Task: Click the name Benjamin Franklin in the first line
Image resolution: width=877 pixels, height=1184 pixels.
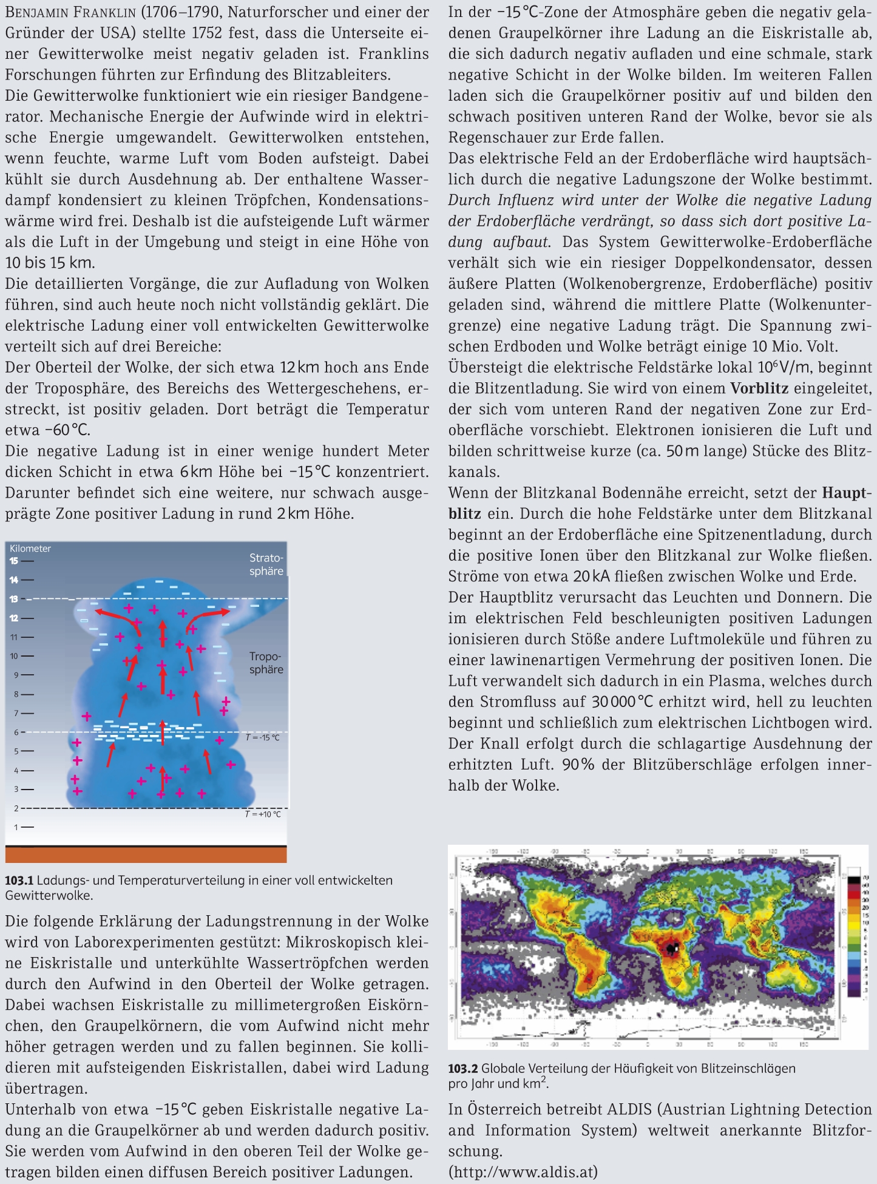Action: (x=67, y=12)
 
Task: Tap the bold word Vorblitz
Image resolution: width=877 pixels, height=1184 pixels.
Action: (x=759, y=388)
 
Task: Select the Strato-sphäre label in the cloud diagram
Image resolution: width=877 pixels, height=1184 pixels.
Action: (x=266, y=564)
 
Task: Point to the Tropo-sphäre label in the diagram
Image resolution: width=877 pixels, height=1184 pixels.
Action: (x=266, y=663)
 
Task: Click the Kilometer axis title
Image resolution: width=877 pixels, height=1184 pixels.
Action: (x=30, y=549)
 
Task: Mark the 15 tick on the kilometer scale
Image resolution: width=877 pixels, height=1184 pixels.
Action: (x=13, y=561)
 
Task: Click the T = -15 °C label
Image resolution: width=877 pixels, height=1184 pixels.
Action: (x=262, y=738)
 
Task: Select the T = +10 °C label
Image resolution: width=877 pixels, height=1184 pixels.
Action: (x=262, y=814)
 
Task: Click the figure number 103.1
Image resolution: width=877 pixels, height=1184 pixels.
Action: (x=19, y=881)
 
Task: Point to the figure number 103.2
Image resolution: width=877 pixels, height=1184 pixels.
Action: (x=463, y=1069)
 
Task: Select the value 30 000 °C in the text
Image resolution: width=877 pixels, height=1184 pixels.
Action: (x=622, y=702)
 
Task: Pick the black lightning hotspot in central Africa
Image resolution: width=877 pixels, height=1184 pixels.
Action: (x=671, y=947)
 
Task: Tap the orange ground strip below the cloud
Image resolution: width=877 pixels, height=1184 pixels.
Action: (x=146, y=855)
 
